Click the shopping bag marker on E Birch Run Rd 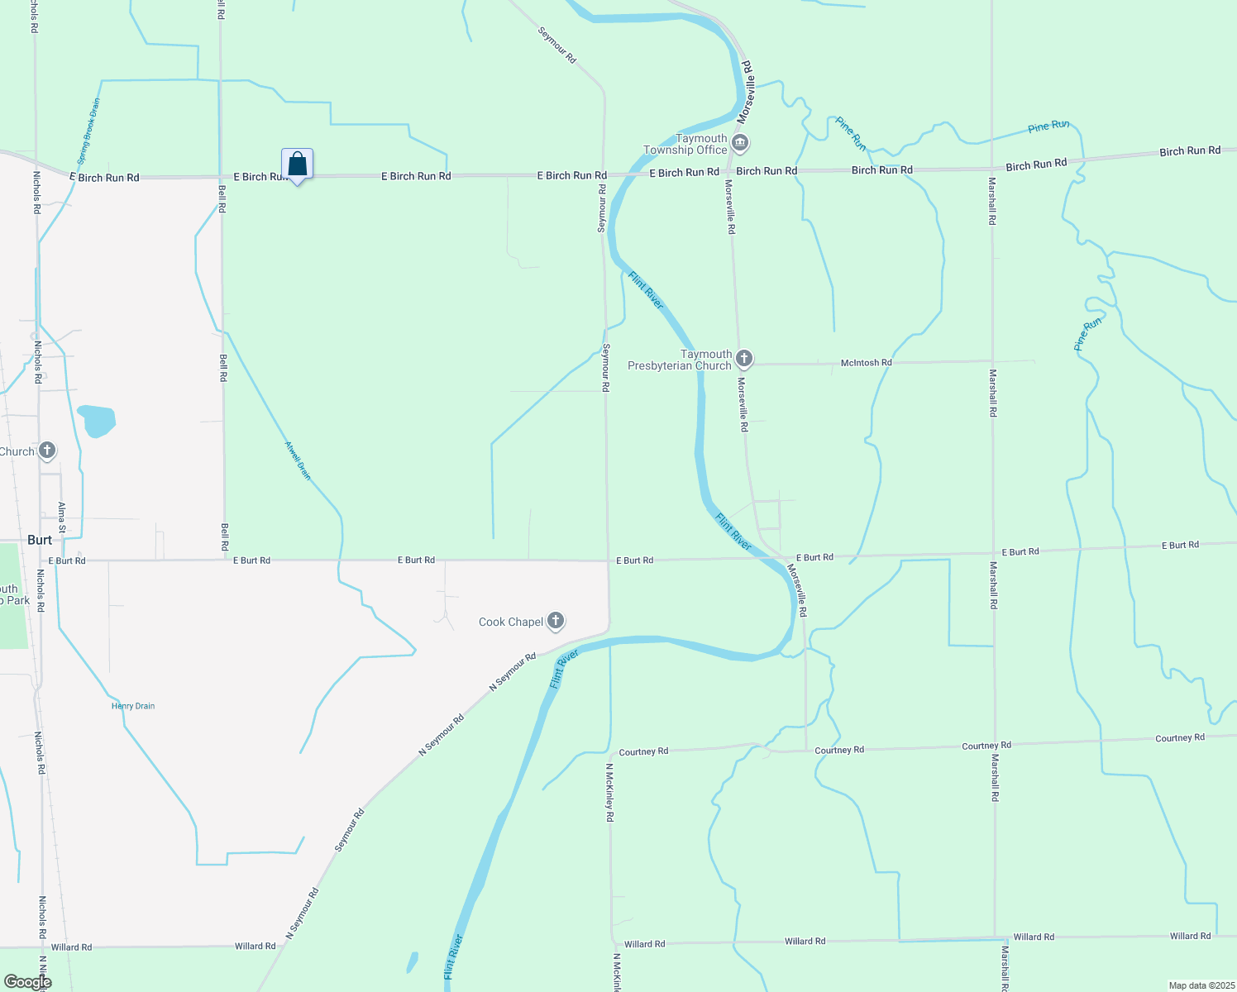click(297, 165)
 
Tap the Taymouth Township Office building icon click(740, 144)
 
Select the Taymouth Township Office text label click(686, 144)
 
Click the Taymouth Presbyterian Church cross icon click(744, 359)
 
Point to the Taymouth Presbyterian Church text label click(680, 360)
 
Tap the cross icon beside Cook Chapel click(556, 621)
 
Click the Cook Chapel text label click(511, 622)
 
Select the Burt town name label click(40, 540)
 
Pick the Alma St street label click(62, 517)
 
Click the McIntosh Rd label click(866, 363)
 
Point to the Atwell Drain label click(298, 460)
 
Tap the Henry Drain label click(133, 706)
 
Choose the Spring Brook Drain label click(88, 131)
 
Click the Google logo click(26, 982)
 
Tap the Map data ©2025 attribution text click(1201, 985)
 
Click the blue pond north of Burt click(97, 420)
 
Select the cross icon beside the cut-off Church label click(47, 451)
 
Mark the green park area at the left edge click(13, 595)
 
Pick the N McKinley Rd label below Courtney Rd click(609, 792)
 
